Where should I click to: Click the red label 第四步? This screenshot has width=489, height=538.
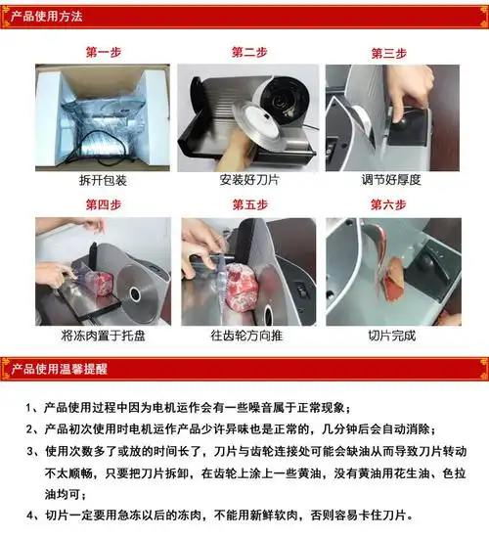click(103, 205)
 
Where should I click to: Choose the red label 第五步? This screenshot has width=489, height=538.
click(248, 205)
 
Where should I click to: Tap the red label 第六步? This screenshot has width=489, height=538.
click(388, 205)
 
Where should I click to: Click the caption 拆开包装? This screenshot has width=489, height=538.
click(104, 182)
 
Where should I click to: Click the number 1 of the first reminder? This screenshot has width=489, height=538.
click(35, 408)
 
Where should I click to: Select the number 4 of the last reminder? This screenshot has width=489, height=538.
click(35, 516)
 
